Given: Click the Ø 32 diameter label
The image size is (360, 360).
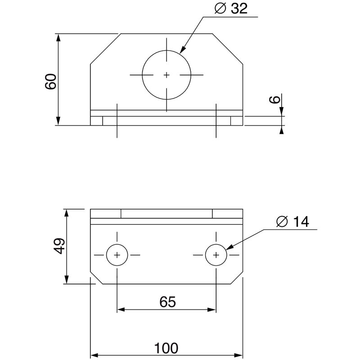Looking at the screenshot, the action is pos(231,9).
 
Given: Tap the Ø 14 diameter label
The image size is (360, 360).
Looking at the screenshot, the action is pos(293,221).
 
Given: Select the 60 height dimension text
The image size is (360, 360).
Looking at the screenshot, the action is pos(51,81).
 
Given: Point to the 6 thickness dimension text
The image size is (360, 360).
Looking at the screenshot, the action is pos(275,99).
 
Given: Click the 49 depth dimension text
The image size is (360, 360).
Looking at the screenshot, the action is pos(59,246).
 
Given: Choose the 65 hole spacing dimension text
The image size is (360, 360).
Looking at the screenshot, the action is pos(167,301).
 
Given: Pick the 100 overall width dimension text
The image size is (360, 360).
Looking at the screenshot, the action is pos(166,348).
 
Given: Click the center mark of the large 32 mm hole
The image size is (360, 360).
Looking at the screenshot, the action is pos(166,75).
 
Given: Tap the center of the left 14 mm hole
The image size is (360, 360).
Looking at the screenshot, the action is pos(117,255).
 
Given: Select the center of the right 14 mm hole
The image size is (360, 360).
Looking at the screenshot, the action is pos(216,255).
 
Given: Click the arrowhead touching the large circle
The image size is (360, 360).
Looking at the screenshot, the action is pos(183,50).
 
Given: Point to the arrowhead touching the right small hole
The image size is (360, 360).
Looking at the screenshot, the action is pos(230,247).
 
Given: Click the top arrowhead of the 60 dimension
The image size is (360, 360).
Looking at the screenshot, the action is pos(58,38).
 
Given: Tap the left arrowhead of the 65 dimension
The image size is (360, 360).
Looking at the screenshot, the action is pos(121,310).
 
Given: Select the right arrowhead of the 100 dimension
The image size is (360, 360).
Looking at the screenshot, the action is pos(239,355).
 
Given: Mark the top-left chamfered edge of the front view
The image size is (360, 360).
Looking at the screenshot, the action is pos(106,49).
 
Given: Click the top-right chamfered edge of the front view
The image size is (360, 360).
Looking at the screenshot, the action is pos(228,49).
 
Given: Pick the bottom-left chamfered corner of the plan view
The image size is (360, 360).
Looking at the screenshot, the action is pos(96,278).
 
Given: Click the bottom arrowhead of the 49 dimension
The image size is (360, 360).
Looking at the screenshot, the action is pos(67,280).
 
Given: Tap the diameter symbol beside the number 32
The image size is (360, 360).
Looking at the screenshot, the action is pos(220,9).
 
